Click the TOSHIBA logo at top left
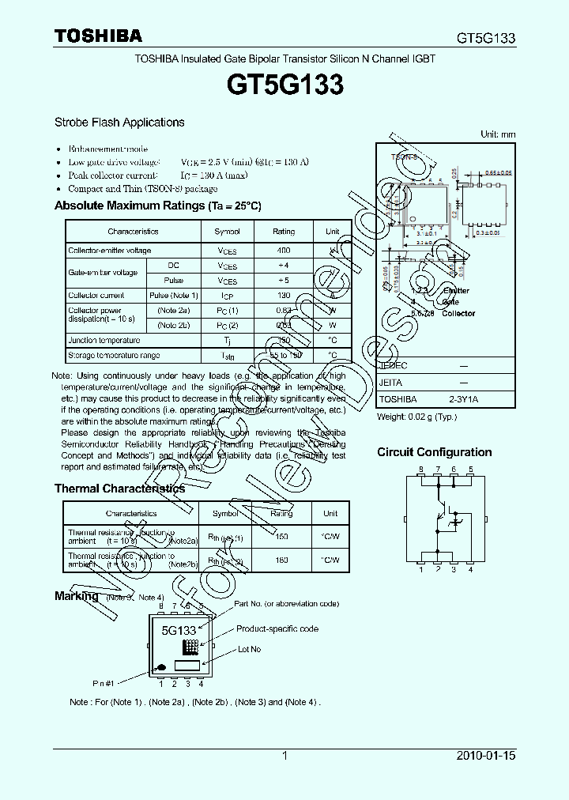[x=98, y=36]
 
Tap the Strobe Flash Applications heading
[x=119, y=123]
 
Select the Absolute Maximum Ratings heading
[x=157, y=206]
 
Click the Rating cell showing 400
[x=283, y=251]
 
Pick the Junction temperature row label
[x=100, y=340]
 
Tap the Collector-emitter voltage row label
[x=109, y=251]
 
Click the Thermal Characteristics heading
[x=119, y=489]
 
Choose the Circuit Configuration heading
[x=434, y=452]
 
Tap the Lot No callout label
[x=250, y=649]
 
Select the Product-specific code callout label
[x=277, y=628]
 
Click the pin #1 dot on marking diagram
[x=162, y=666]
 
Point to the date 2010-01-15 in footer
[x=485, y=756]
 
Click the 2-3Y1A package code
[x=464, y=400]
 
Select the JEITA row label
[x=391, y=382]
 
